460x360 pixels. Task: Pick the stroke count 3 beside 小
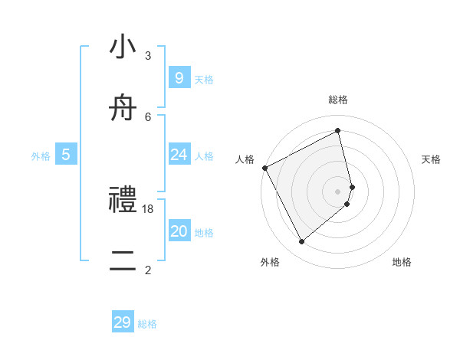tap(148, 56)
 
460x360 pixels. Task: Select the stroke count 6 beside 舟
tap(148, 116)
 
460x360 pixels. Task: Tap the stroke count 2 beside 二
tap(148, 270)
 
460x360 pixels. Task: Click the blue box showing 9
tap(179, 77)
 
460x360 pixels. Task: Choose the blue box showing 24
tap(179, 155)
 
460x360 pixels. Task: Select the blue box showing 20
tap(179, 231)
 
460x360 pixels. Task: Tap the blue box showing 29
tap(123, 322)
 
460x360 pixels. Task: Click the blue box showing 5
tap(66, 155)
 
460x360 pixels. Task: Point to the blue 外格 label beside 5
tap(41, 156)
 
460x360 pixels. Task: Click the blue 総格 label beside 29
tap(147, 324)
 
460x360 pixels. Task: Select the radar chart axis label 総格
tap(338, 100)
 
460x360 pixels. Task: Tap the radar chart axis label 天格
tap(432, 159)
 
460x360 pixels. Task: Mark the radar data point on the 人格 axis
tap(264, 168)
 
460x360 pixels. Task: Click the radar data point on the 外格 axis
tap(301, 241)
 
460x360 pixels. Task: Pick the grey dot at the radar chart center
tap(338, 191)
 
